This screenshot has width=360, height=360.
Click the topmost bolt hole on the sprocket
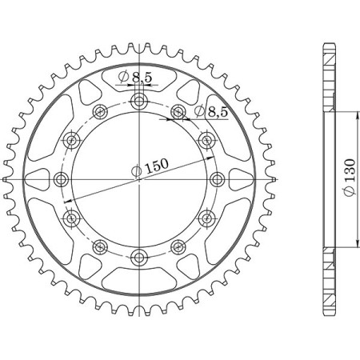tap(140, 101)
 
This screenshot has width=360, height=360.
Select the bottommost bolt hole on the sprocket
tap(140, 257)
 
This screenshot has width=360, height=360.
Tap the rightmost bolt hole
tap(218, 179)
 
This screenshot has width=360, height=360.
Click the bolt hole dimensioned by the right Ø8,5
tap(178, 112)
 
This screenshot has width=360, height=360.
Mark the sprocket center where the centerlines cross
tap(140, 179)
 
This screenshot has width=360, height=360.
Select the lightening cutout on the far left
tap(40, 179)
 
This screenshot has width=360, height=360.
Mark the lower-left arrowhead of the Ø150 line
tap(72, 200)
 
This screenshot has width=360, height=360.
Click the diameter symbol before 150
tap(137, 169)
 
